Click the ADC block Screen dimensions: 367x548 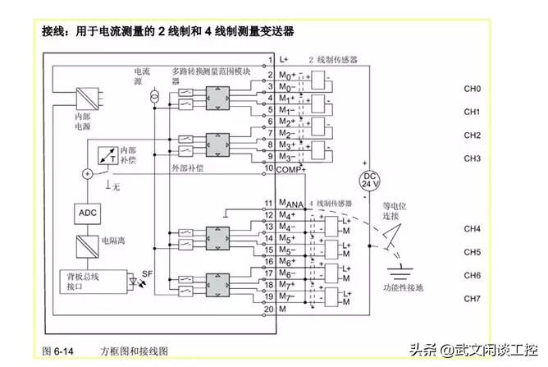click(87, 213)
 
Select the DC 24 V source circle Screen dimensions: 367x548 click(370, 180)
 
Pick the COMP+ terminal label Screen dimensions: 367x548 click(291, 168)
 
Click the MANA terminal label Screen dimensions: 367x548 click(290, 204)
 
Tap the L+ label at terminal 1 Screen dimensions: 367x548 click(285, 60)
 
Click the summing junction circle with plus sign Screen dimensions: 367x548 click(87, 173)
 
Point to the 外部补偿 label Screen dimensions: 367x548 click(187, 167)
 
